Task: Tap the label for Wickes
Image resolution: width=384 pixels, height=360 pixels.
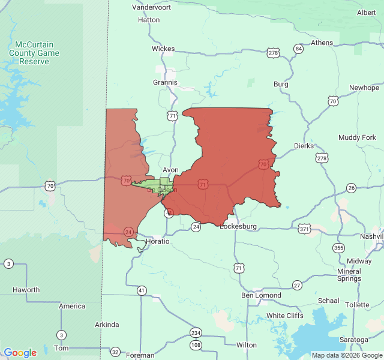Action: [x=163, y=49]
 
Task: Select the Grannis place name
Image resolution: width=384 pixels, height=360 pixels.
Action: [x=165, y=82]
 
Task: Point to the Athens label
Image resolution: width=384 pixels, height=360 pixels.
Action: [x=322, y=43]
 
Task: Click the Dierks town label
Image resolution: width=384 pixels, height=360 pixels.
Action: [x=304, y=146]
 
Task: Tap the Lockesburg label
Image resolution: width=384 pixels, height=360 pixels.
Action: [x=238, y=226]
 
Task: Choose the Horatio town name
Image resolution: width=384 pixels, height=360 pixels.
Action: [x=158, y=241]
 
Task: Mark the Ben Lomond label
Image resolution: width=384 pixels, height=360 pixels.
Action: [x=261, y=295]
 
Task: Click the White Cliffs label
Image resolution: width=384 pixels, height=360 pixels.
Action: [x=284, y=316]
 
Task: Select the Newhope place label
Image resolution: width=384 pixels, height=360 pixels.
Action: [x=364, y=88]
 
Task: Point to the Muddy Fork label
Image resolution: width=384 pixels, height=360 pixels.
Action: [x=357, y=137]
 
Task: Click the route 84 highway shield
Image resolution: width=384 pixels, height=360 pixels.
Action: [x=298, y=49]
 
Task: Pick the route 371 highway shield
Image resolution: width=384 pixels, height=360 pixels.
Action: [x=304, y=229]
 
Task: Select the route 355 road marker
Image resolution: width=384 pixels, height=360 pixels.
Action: [x=339, y=248]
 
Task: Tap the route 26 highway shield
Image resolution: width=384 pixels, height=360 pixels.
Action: [x=352, y=188]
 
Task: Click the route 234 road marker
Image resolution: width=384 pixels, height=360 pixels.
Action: [x=196, y=333]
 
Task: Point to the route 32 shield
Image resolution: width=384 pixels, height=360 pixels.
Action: [x=115, y=352]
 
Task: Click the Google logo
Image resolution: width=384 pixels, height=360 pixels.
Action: [x=20, y=353]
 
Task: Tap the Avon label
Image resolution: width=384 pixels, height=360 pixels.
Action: [x=170, y=170]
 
